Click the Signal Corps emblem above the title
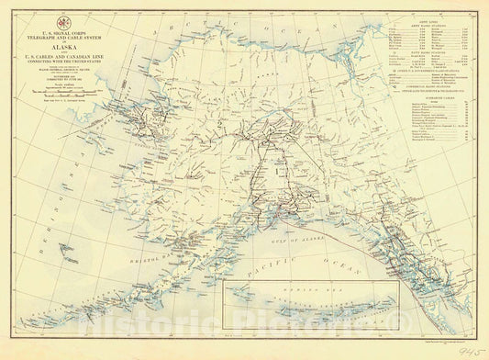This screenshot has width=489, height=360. (61, 17)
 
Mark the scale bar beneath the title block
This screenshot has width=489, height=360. (61, 103)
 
